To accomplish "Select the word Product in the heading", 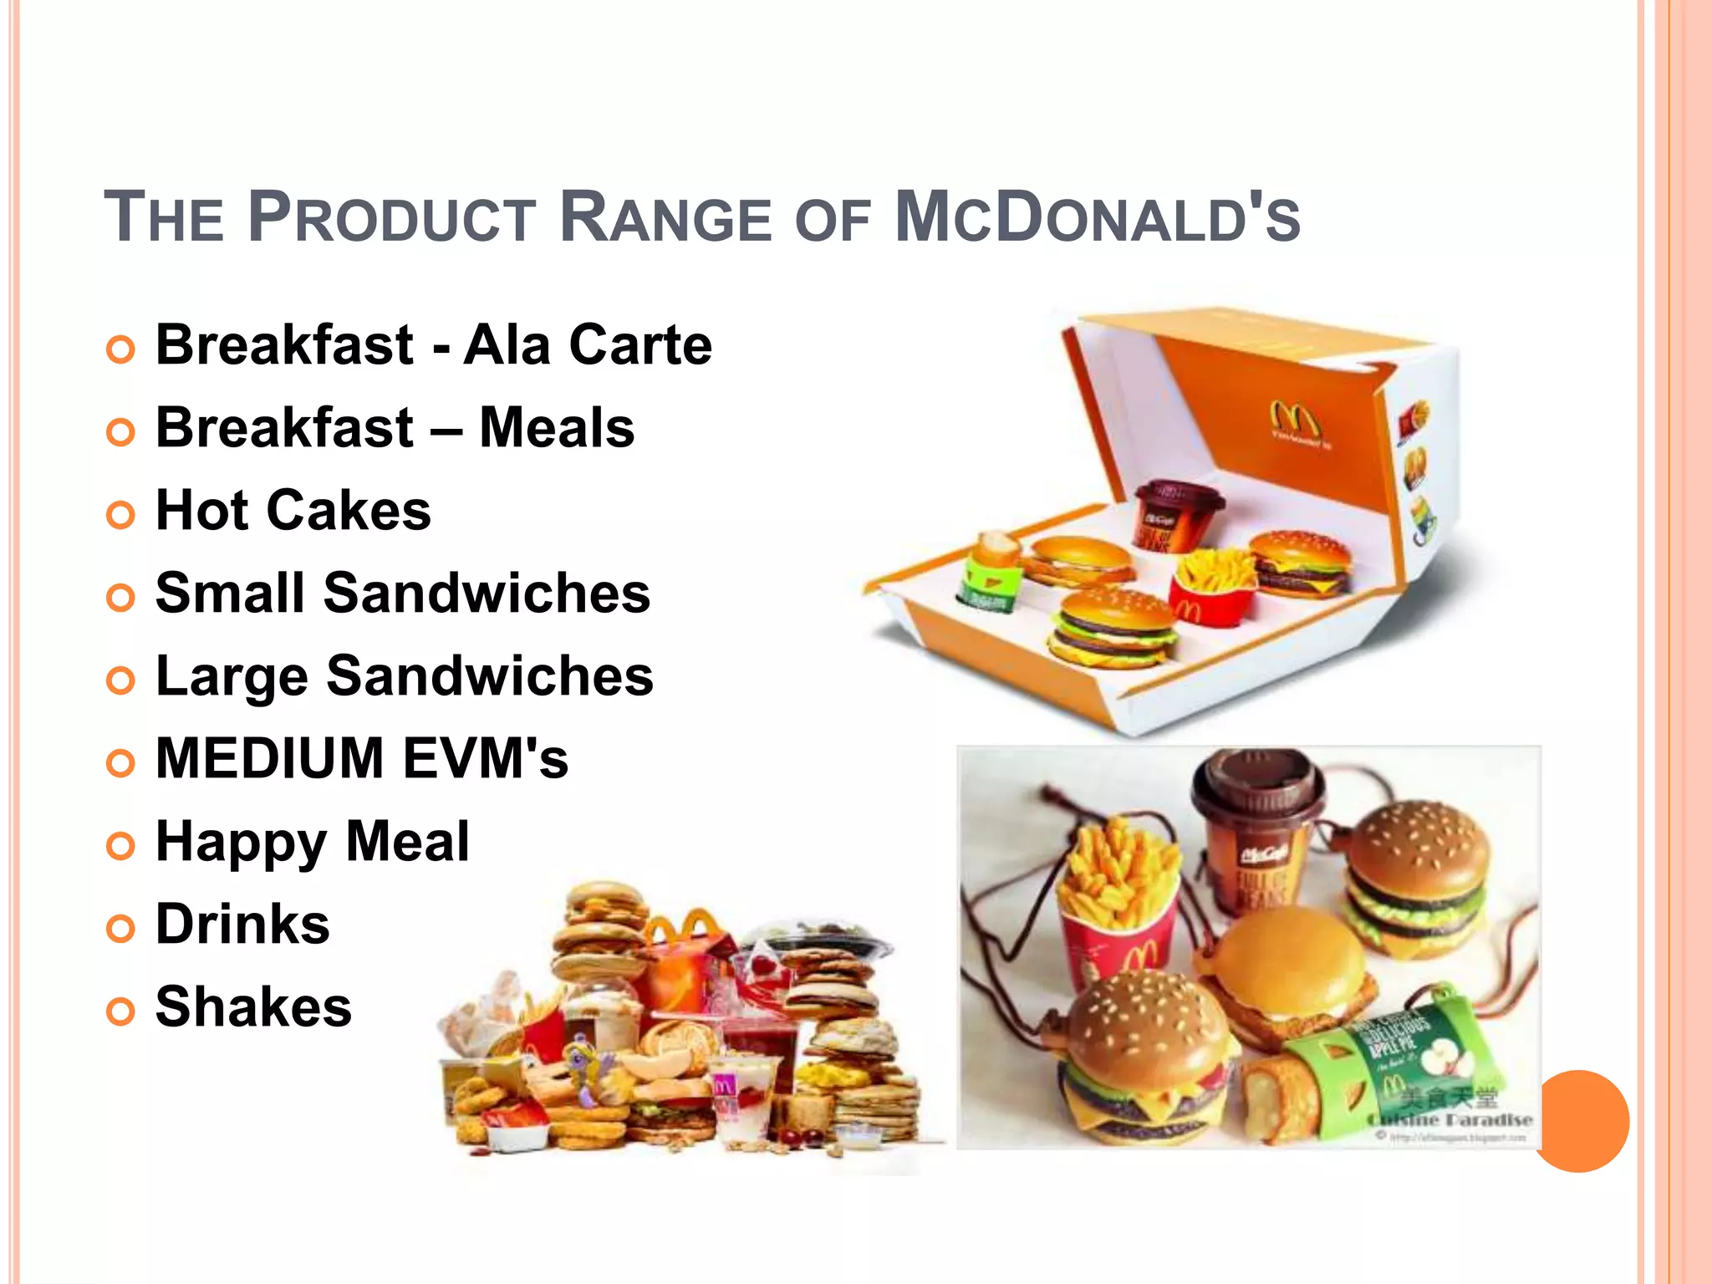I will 391,219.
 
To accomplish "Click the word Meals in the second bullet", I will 557,427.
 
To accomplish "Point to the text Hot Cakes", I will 293,510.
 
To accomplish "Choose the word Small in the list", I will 230,593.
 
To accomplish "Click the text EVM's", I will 486,758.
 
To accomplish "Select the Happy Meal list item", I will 312,841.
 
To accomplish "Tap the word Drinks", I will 242,924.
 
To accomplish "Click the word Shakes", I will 253,1006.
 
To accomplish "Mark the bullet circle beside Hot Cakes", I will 121,514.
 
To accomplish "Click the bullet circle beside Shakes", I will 121,1011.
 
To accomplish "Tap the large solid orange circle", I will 1579,1121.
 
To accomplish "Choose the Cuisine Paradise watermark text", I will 1450,1119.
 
